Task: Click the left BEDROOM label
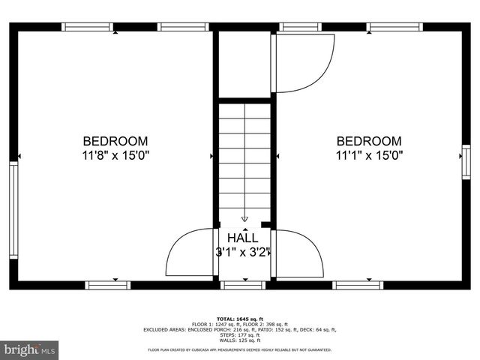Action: (x=115, y=141)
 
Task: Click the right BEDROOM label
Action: (x=368, y=141)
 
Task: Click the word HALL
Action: (x=243, y=238)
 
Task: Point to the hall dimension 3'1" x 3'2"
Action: (x=243, y=253)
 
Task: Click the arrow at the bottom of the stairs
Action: (x=244, y=218)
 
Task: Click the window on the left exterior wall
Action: (x=13, y=211)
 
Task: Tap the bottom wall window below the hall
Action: (x=244, y=285)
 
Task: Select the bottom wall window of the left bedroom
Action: (x=107, y=285)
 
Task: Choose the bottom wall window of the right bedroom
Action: (x=355, y=285)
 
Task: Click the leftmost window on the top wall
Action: (x=88, y=27)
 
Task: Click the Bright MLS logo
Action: (x=30, y=349)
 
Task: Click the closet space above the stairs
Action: (x=244, y=64)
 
